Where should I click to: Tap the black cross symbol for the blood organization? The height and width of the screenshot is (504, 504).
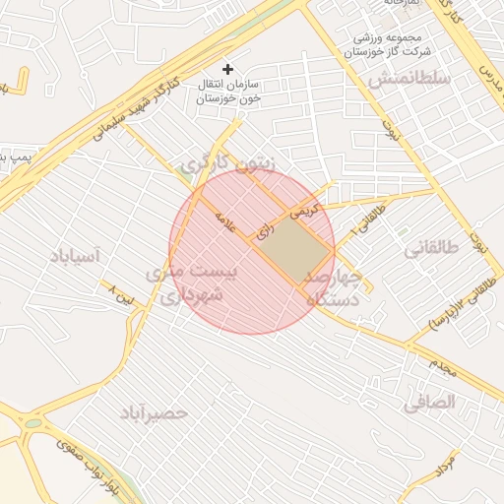point(229,69)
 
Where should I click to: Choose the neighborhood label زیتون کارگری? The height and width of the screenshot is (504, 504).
point(230,161)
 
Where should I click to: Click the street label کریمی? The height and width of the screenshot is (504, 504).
point(304,210)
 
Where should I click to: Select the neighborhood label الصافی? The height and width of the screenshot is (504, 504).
point(430,402)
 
